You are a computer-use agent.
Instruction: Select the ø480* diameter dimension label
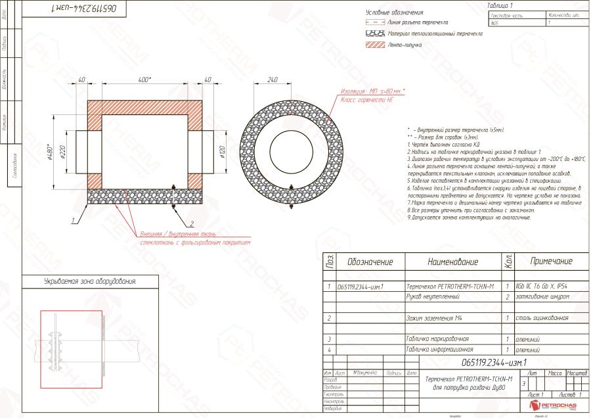(50, 152)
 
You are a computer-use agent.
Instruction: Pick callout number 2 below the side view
(192, 225)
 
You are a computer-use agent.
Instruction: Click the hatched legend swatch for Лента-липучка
(374, 45)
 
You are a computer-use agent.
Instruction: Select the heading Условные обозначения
(394, 12)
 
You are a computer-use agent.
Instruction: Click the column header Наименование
(453, 262)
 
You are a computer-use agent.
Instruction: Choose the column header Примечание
(550, 262)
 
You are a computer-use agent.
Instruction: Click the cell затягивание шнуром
(542, 297)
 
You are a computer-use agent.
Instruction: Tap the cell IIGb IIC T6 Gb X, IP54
(542, 287)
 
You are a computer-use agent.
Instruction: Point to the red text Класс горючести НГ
(366, 100)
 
